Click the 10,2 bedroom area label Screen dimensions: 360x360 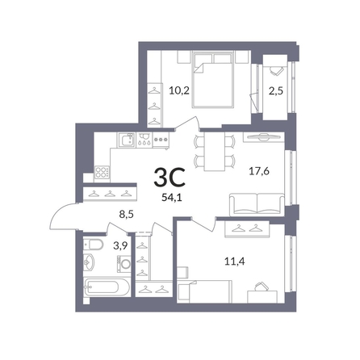click(179, 90)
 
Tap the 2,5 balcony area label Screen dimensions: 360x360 click(276, 91)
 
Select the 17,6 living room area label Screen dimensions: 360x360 click(259, 171)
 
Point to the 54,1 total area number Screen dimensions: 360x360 click(172, 198)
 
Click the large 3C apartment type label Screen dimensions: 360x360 click(170, 177)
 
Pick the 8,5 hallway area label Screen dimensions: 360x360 click(127, 215)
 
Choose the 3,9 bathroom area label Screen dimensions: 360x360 click(120, 245)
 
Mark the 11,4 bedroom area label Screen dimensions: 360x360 click(235, 261)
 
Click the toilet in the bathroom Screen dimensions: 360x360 click(93, 245)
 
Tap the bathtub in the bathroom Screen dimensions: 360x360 click(107, 287)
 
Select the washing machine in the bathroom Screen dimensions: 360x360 click(124, 264)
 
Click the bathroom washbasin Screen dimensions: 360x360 click(89, 262)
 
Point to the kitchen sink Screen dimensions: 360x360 click(126, 140)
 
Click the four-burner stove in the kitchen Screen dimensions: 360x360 click(102, 173)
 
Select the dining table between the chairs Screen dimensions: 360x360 click(215, 151)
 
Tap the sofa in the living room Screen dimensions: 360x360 click(257, 204)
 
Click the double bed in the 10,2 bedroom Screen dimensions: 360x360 click(212, 80)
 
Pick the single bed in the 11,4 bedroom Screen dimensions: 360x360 click(205, 291)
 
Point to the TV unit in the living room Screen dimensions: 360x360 click(264, 137)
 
